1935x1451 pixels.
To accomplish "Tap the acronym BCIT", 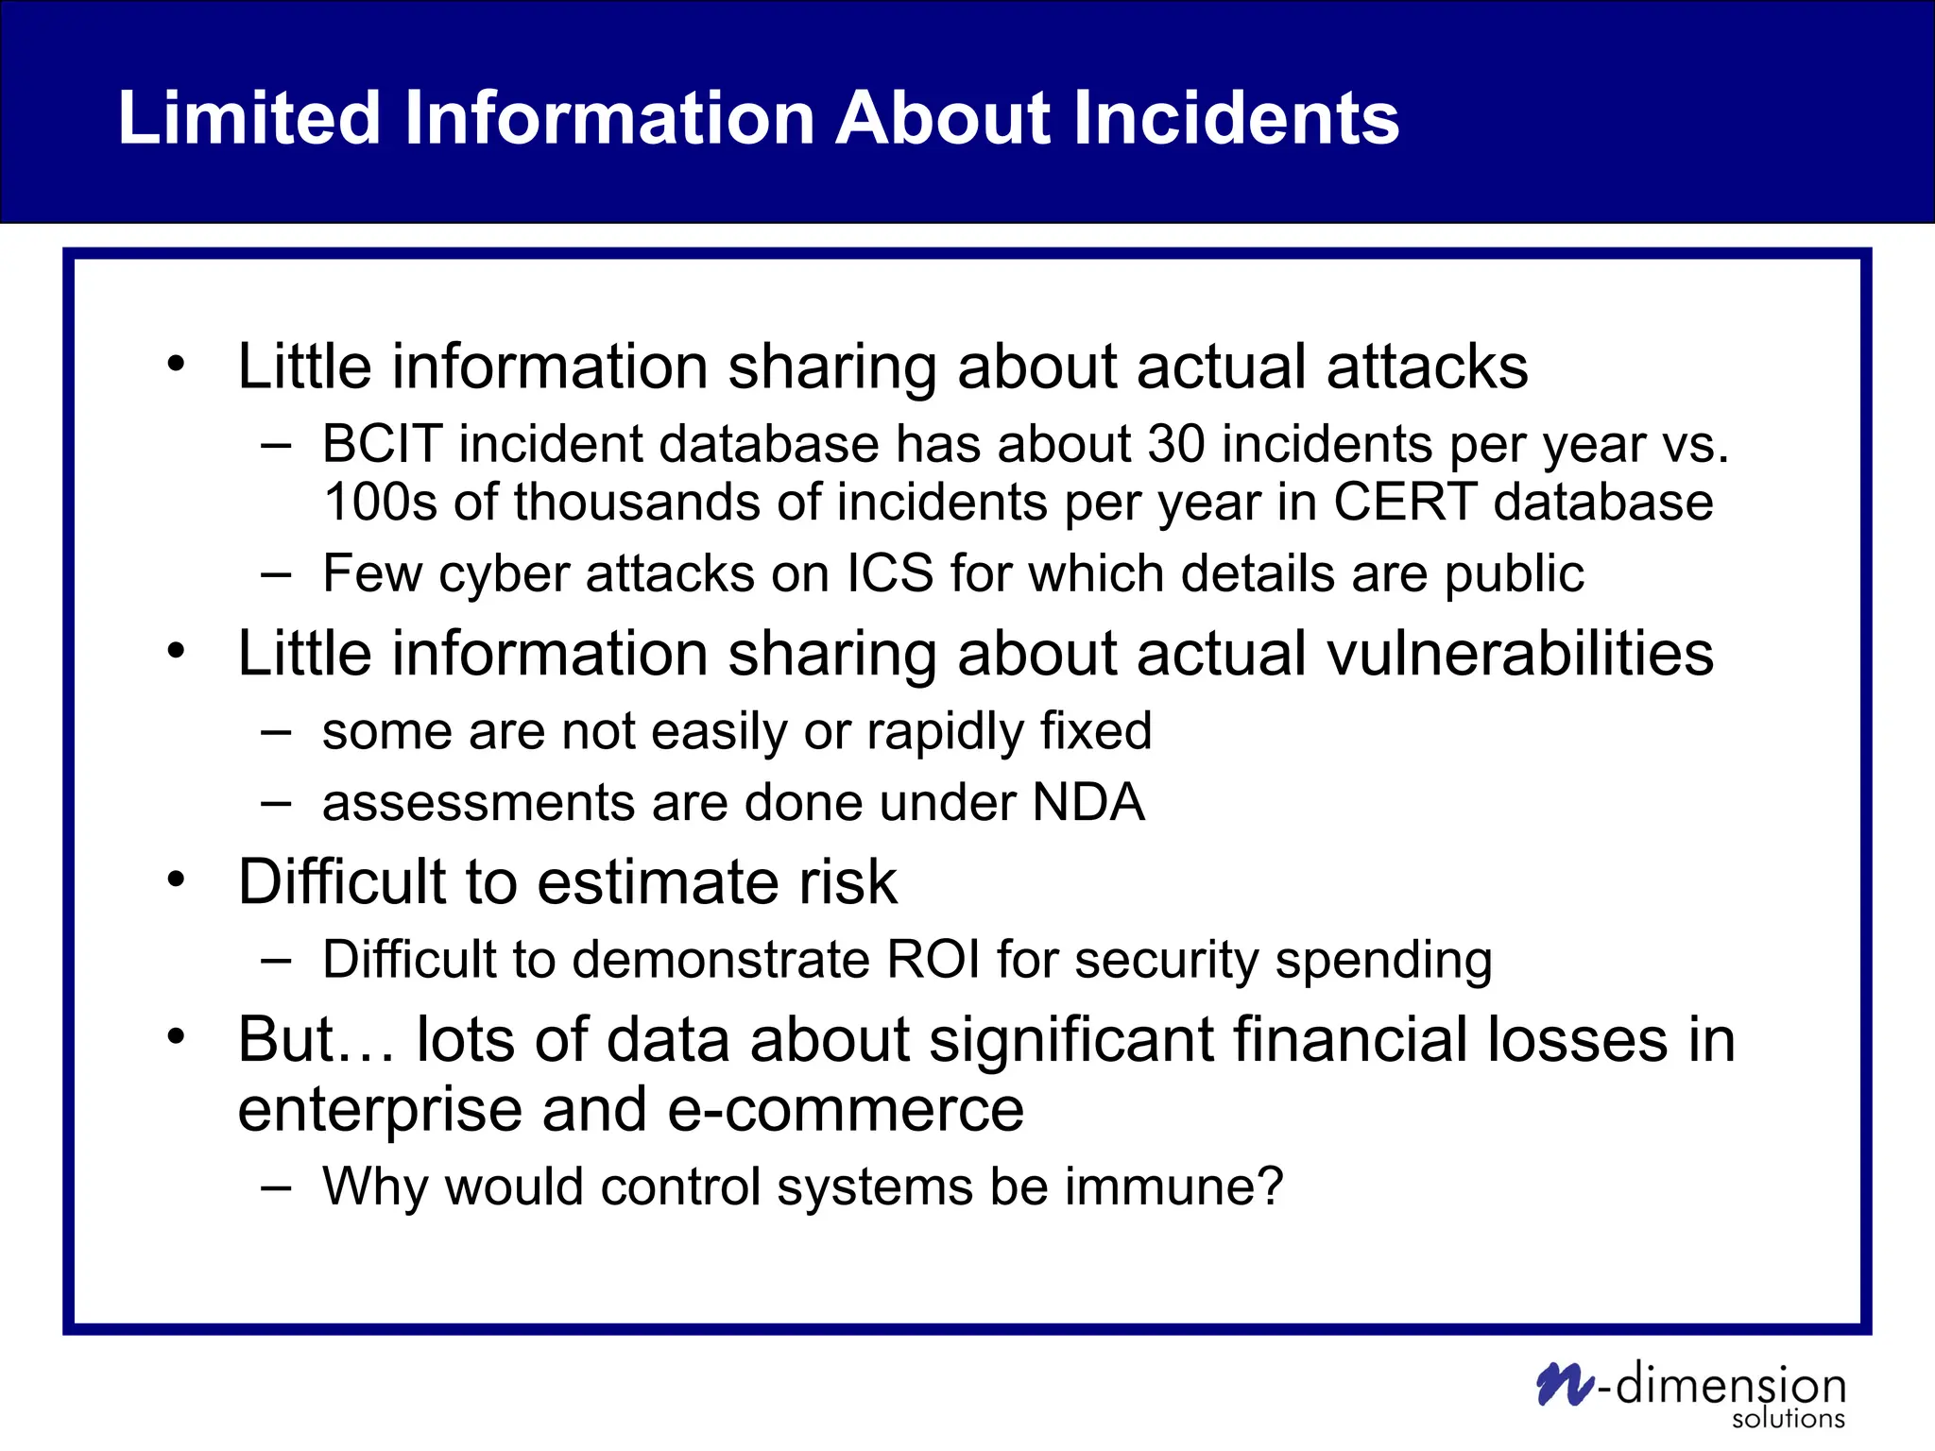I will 382,444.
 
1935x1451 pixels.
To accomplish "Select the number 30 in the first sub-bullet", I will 1176,444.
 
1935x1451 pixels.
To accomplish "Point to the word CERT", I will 1405,502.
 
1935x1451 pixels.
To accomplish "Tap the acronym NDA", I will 1088,803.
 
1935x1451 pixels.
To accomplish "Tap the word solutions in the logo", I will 1788,1419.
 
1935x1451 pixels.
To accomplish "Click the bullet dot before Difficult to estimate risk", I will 176,879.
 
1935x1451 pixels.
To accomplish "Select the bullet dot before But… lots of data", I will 176,1037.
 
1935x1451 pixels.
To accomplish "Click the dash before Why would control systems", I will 276,1186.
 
